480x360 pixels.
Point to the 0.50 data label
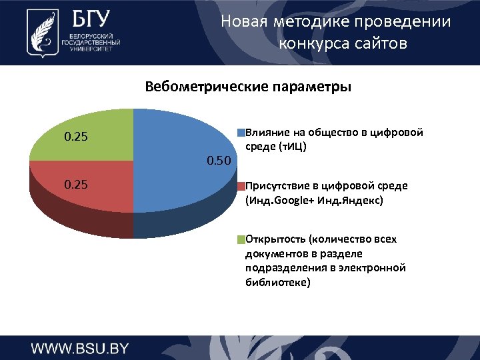(x=219, y=160)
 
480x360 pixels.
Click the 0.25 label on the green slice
(x=75, y=137)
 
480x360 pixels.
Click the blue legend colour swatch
(x=242, y=133)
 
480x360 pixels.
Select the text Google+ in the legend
(x=293, y=199)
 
